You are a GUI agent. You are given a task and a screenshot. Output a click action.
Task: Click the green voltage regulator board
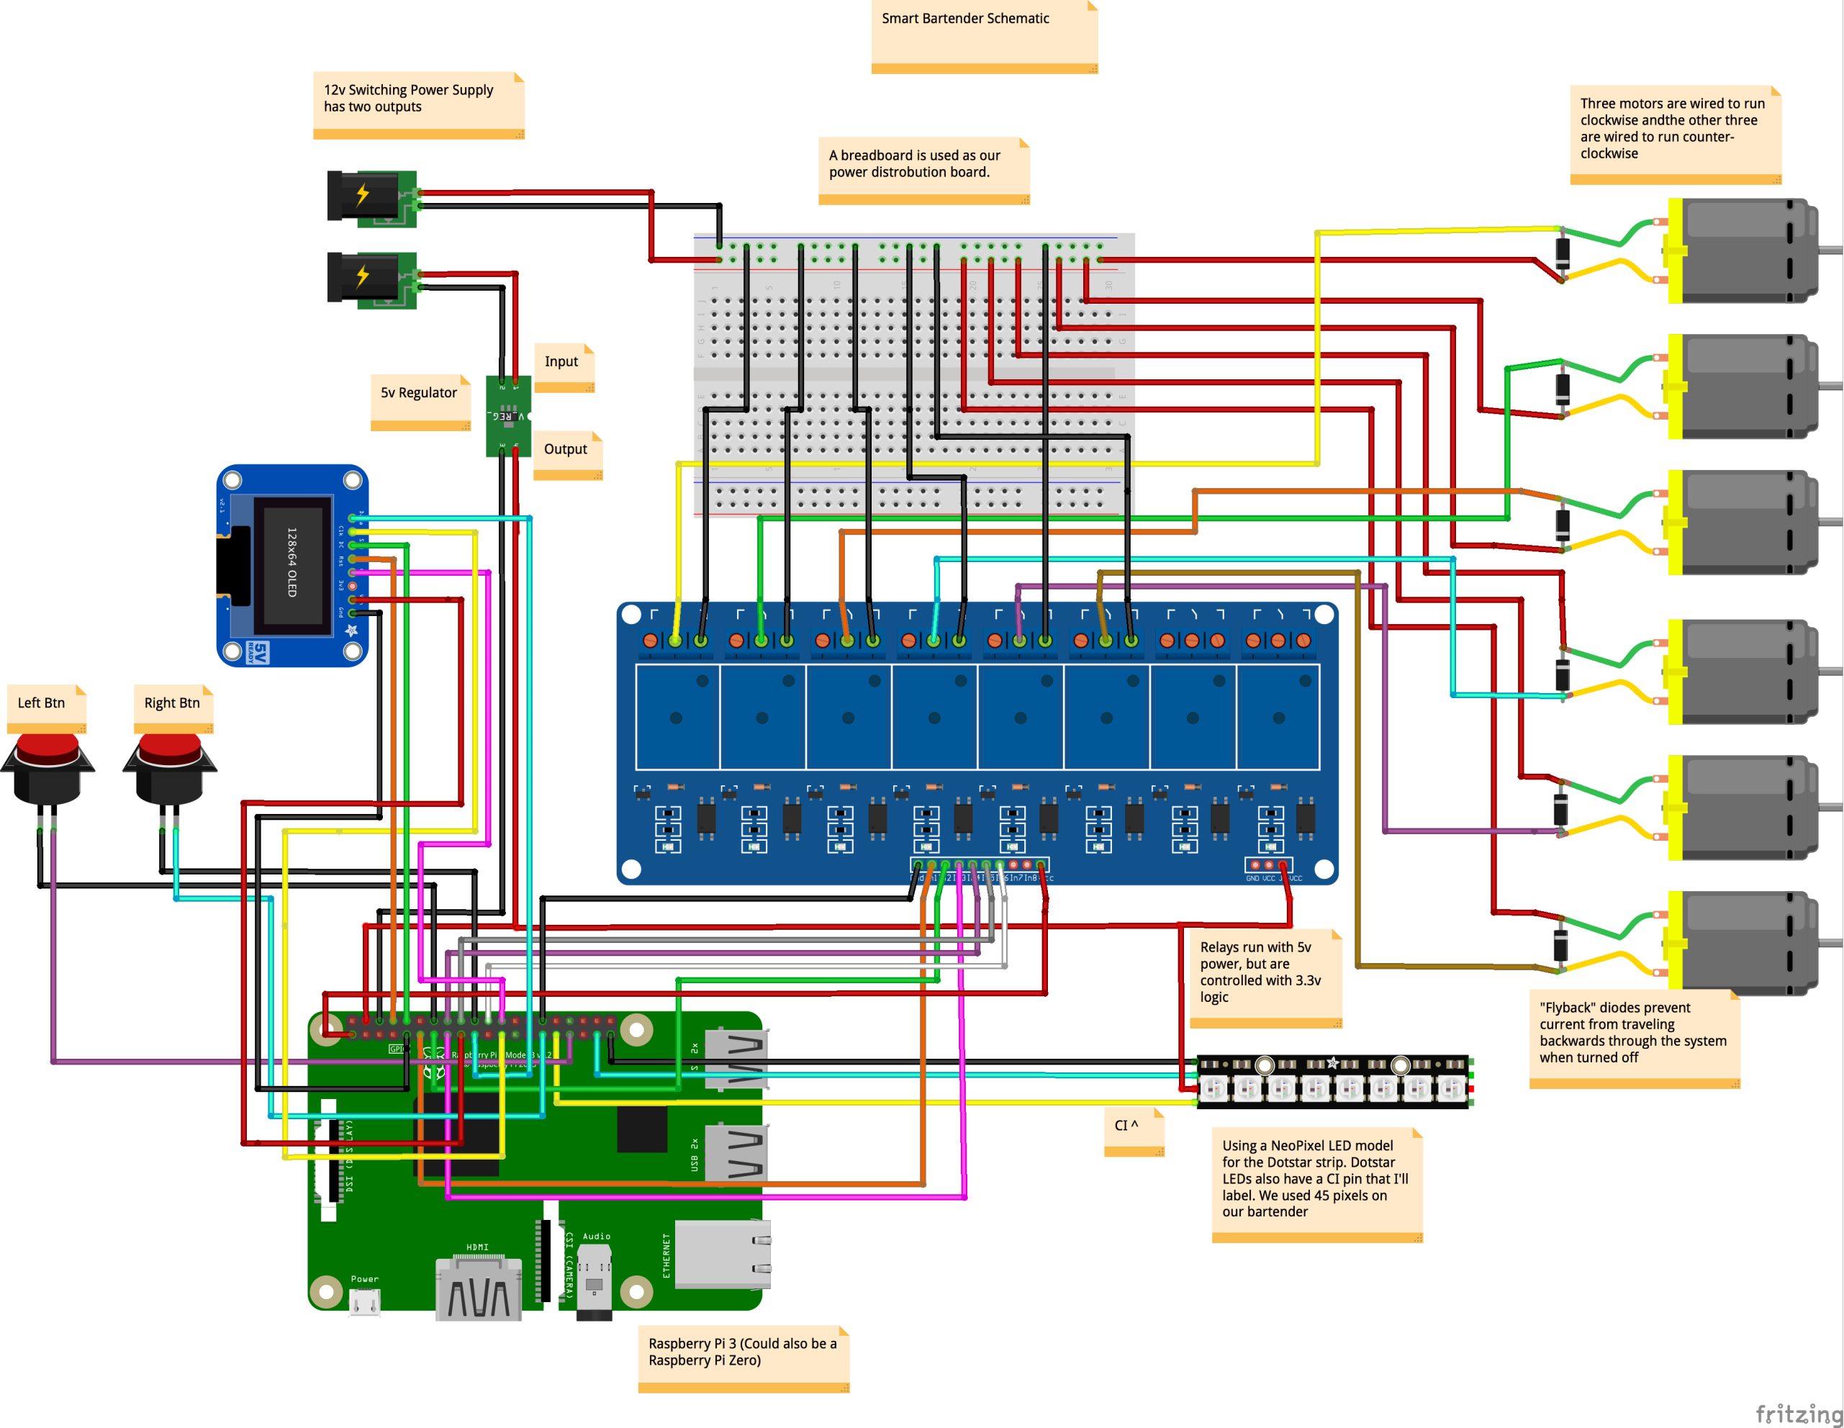(508, 415)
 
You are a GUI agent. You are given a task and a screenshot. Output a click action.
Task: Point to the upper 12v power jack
(371, 199)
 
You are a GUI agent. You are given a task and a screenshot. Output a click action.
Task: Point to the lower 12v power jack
(371, 279)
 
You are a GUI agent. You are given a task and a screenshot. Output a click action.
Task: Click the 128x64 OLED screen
(291, 564)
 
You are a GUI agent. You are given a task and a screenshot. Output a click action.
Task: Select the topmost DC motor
(1743, 250)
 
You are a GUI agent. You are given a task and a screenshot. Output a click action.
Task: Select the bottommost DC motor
(1743, 944)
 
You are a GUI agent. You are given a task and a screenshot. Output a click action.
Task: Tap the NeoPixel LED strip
(1334, 1081)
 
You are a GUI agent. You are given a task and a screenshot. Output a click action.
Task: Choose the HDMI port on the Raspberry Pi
(478, 1288)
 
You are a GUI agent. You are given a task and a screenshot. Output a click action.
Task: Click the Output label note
(567, 454)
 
